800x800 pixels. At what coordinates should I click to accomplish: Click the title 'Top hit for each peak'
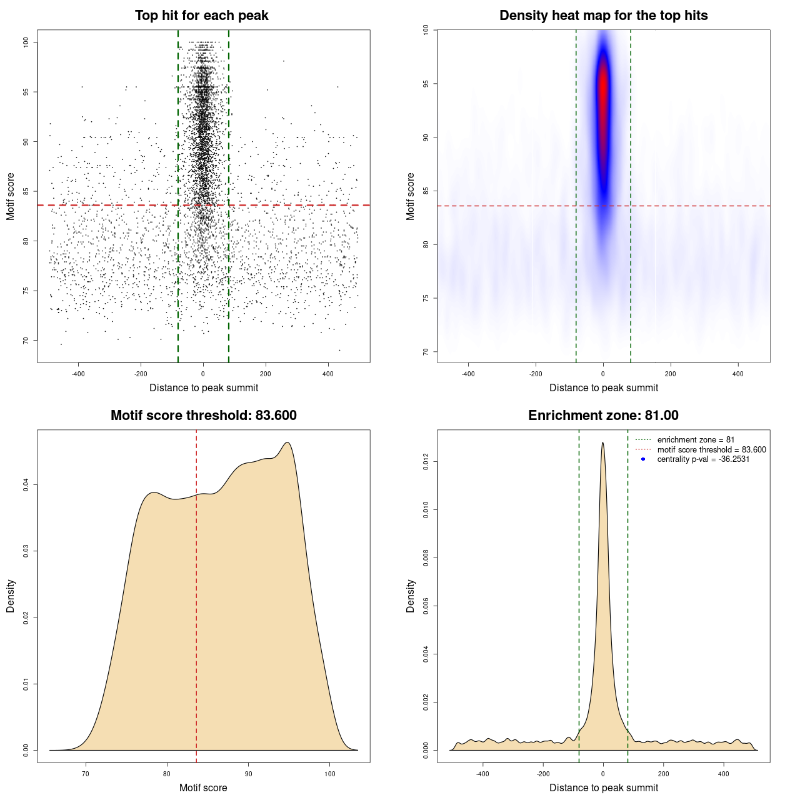point(202,16)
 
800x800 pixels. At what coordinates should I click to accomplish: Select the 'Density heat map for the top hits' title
point(603,16)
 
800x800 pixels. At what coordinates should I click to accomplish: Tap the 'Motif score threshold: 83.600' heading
point(203,416)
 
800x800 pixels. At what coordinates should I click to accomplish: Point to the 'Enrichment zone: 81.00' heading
point(603,416)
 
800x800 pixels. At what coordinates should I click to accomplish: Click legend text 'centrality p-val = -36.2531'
point(703,459)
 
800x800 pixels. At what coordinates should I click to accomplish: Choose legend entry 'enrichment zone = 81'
point(696,440)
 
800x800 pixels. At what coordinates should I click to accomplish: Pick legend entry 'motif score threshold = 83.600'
point(711,450)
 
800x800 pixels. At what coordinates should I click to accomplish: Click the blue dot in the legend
point(643,459)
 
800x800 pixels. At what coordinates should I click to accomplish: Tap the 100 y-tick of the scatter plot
point(26,42)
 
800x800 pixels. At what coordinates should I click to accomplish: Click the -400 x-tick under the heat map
point(468,374)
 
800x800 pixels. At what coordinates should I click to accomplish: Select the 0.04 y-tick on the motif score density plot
point(26,485)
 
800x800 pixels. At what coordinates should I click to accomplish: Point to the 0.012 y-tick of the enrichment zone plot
point(426,462)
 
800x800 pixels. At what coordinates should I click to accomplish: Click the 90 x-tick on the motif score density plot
point(248,774)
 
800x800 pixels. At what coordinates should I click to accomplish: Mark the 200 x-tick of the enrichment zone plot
point(663,774)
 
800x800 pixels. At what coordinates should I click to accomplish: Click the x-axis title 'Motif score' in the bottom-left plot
point(203,788)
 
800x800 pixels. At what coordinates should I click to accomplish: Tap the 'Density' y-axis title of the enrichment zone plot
point(411,596)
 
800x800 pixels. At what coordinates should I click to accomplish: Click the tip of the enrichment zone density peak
point(602,443)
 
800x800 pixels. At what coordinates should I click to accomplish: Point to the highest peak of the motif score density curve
point(287,443)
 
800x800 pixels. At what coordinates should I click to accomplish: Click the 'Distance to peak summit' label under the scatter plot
point(204,388)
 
